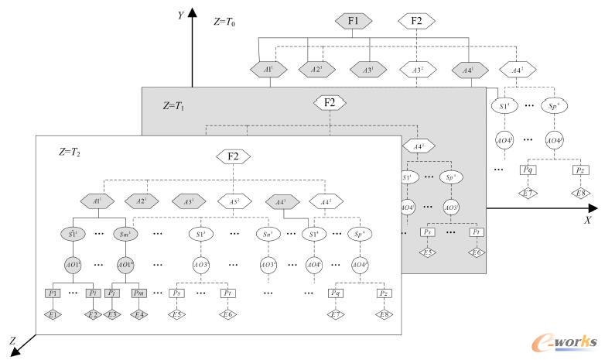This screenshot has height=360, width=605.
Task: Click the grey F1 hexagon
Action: coord(352,21)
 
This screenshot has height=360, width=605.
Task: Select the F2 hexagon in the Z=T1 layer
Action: coord(330,102)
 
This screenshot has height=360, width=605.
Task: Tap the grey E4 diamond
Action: coord(138,315)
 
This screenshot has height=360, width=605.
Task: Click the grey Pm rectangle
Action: coord(138,294)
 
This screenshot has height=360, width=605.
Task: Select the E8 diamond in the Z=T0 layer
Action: coord(579,192)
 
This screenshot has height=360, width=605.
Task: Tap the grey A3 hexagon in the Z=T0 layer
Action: coord(367,68)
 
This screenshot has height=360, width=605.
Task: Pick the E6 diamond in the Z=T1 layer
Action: coord(477,253)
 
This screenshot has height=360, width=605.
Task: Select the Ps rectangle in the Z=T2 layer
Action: coord(177,294)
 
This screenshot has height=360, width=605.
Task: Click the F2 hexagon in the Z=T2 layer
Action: coord(232,156)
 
